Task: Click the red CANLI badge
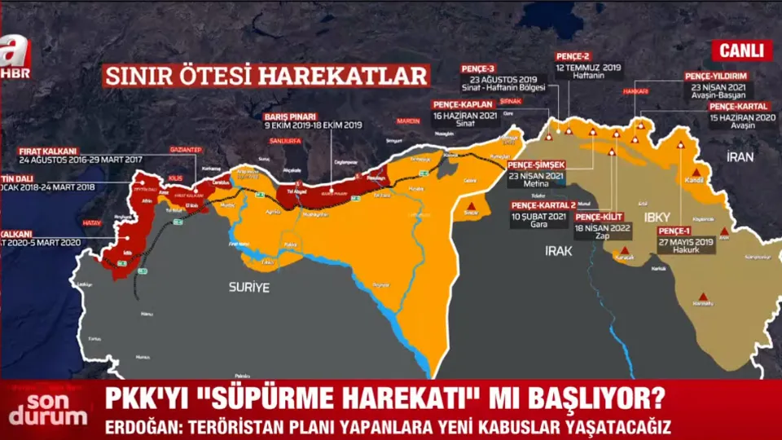[745, 51]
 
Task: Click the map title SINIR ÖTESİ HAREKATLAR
[266, 76]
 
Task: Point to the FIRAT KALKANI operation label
[48, 151]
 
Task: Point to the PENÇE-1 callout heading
[680, 231]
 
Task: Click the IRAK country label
[560, 253]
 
